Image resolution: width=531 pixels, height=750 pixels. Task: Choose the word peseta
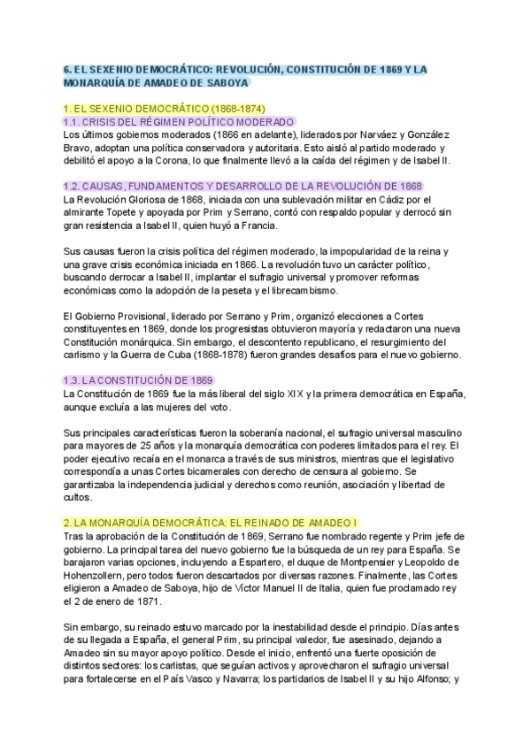point(265,290)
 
